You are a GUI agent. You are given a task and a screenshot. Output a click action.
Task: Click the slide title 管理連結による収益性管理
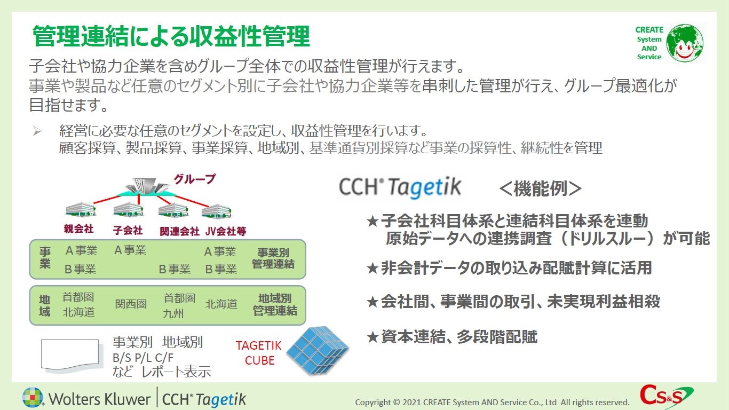click(171, 36)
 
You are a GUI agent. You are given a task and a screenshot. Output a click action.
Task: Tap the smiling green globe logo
click(684, 43)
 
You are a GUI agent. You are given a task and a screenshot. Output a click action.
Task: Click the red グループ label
click(194, 179)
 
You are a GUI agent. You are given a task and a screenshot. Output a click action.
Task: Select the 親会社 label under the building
click(79, 228)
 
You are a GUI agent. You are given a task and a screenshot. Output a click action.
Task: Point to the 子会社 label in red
click(128, 230)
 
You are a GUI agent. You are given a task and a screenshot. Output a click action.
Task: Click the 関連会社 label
click(179, 231)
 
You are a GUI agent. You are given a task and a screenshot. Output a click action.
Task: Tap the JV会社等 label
click(226, 231)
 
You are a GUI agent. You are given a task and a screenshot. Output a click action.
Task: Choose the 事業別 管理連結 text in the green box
click(273, 258)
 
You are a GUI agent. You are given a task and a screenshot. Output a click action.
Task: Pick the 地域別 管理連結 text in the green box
click(275, 304)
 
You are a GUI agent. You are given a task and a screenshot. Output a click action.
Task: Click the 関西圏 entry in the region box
click(131, 304)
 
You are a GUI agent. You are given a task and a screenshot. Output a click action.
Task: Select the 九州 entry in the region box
click(173, 313)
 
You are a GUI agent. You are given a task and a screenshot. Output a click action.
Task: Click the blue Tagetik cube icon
click(318, 350)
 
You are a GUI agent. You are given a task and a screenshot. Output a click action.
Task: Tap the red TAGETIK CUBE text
click(259, 353)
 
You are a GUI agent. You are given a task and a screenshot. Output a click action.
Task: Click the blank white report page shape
click(70, 354)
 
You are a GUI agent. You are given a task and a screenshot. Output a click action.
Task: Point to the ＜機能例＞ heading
click(540, 188)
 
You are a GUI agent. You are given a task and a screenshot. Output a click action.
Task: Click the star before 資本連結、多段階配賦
click(373, 337)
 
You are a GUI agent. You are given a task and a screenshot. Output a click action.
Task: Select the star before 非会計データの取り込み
click(373, 269)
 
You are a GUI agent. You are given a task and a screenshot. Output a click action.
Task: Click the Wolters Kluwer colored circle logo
click(33, 398)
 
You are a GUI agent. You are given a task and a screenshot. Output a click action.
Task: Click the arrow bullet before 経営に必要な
click(37, 131)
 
